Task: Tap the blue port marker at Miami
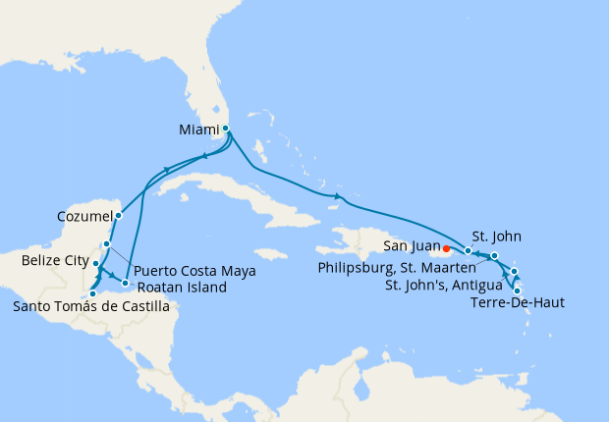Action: [x=226, y=128]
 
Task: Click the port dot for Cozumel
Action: [x=118, y=215]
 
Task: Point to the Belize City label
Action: [x=55, y=262]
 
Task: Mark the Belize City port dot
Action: [x=96, y=263]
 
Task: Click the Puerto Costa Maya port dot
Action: [x=107, y=243]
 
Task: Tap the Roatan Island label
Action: [x=182, y=288]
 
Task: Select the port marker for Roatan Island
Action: [x=125, y=283]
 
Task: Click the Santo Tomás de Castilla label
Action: [x=90, y=307]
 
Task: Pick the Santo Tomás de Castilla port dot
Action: [x=91, y=292]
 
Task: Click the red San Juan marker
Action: [x=447, y=248]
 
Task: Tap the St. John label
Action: [x=489, y=236]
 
